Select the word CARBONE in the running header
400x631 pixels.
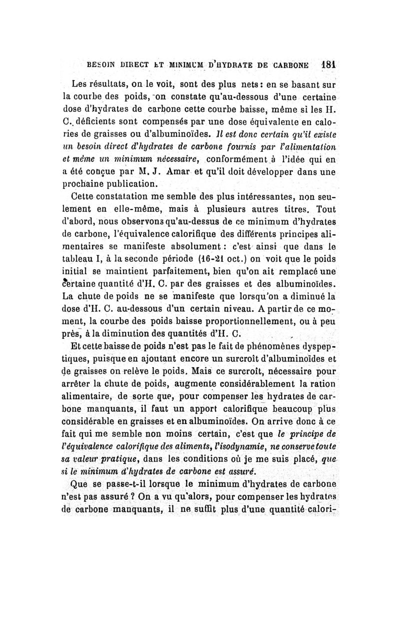click(293, 65)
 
